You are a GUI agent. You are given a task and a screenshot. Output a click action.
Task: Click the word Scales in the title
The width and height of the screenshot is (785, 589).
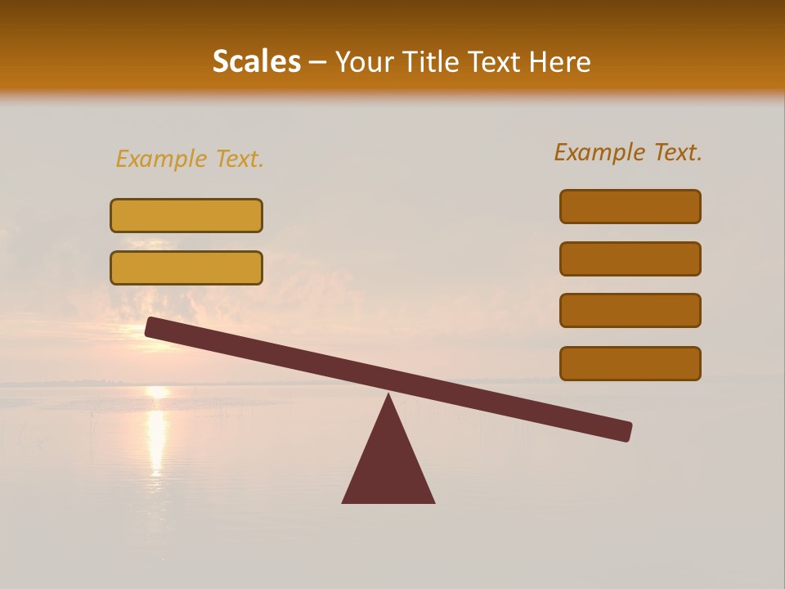tap(256, 62)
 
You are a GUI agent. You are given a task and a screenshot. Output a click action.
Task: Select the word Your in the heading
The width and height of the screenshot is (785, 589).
tap(366, 62)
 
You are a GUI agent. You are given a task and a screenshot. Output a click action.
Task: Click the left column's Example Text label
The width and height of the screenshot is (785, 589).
tap(190, 159)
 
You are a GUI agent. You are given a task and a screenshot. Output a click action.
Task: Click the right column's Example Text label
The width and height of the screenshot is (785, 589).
tap(628, 152)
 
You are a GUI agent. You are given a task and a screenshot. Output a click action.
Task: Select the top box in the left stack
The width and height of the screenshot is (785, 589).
tap(186, 215)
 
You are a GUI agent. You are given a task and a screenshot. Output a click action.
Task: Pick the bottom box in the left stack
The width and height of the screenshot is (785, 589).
tap(186, 268)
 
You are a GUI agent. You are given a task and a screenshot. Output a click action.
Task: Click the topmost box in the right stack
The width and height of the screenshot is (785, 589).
tap(630, 206)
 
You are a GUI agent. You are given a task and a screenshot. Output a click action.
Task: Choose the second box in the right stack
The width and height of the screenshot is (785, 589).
tap(630, 259)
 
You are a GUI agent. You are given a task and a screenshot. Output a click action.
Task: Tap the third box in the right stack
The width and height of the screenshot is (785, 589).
tap(630, 310)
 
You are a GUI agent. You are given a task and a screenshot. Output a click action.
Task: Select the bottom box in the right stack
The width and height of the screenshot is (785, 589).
tap(630, 363)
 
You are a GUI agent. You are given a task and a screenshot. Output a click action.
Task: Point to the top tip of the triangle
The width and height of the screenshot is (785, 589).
tap(388, 396)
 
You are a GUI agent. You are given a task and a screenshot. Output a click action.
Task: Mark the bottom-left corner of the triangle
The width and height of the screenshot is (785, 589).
tap(343, 501)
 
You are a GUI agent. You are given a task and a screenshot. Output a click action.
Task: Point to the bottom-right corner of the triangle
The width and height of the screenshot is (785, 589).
tap(433, 501)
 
